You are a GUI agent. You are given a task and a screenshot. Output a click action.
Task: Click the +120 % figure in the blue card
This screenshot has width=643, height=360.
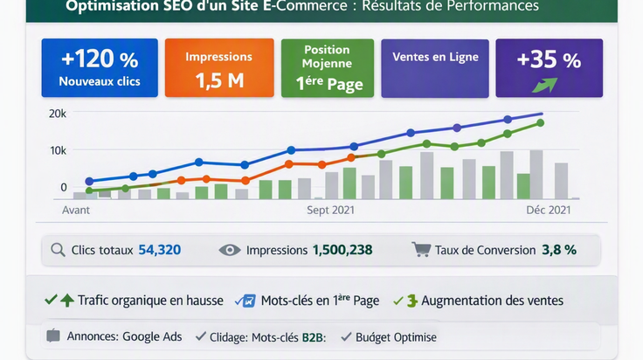pyautogui.click(x=100, y=59)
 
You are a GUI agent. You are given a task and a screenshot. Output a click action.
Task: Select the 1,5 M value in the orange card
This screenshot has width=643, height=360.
pyautogui.click(x=219, y=80)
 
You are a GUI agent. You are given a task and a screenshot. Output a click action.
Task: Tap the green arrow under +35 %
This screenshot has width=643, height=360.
pyautogui.click(x=545, y=85)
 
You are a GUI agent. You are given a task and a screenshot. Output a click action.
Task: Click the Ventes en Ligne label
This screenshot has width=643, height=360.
pyautogui.click(x=435, y=57)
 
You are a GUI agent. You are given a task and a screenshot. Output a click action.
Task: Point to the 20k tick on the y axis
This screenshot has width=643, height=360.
pyautogui.click(x=58, y=114)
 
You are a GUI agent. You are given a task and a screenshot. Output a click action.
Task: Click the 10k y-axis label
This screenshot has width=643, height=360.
pyautogui.click(x=58, y=151)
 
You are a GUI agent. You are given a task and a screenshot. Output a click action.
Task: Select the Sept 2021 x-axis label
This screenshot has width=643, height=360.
pyautogui.click(x=330, y=210)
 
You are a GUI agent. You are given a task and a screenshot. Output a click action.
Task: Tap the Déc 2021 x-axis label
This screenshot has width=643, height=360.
pyautogui.click(x=549, y=210)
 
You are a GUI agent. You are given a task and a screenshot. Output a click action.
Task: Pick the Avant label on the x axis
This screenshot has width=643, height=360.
pyautogui.click(x=76, y=210)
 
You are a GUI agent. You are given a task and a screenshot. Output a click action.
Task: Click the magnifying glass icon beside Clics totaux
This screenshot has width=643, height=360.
pyautogui.click(x=58, y=250)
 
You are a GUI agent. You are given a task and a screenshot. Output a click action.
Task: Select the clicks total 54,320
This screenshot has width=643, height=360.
pyautogui.click(x=160, y=250)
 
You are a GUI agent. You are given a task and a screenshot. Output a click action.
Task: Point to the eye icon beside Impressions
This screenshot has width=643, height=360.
pyautogui.click(x=230, y=250)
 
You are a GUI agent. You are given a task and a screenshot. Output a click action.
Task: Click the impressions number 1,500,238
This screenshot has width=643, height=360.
pyautogui.click(x=342, y=250)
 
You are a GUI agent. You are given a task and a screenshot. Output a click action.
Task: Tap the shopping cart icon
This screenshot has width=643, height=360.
pyautogui.click(x=421, y=249)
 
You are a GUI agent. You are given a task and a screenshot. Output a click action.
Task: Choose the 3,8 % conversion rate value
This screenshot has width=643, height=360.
pyautogui.click(x=559, y=250)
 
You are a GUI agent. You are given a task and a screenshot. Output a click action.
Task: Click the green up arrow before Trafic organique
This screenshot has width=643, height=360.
pyautogui.click(x=67, y=301)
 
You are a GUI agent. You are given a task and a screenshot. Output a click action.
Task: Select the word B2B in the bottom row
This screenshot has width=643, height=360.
pyautogui.click(x=313, y=337)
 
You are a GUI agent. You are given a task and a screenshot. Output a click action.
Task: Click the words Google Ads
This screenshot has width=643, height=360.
pyautogui.click(x=152, y=336)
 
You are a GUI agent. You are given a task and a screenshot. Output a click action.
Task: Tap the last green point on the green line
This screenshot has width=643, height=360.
pyautogui.click(x=541, y=122)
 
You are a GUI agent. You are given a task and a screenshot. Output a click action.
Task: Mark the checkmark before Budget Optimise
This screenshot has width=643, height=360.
pyautogui.click(x=346, y=336)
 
